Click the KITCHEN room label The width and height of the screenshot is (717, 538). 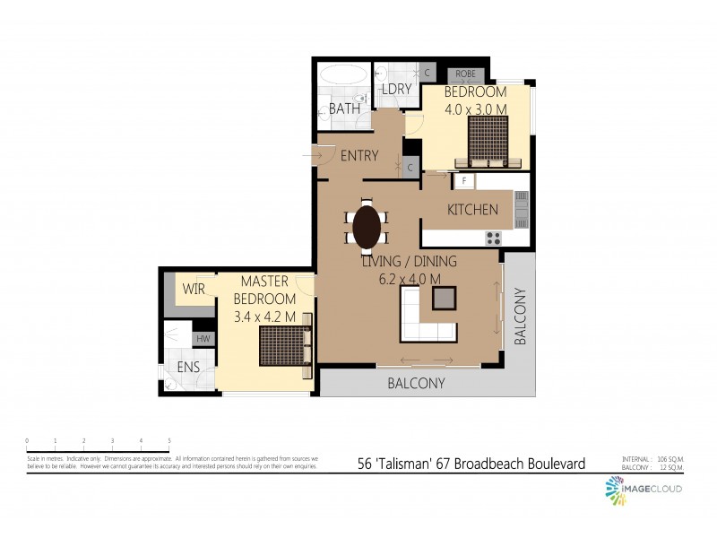click(x=472, y=210)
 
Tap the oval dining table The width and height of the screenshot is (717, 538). click(x=367, y=227)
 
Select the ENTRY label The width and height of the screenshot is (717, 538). click(x=359, y=156)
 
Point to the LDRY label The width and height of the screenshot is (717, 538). click(x=395, y=89)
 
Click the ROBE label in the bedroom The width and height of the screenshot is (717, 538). click(x=465, y=74)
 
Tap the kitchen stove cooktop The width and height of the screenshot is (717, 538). click(x=494, y=238)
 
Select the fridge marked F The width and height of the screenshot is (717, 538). click(x=463, y=181)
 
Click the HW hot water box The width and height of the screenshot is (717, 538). click(x=203, y=339)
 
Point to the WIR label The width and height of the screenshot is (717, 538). click(x=194, y=290)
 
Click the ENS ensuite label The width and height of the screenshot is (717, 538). click(x=188, y=368)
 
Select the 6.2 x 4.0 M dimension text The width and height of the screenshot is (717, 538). click(x=409, y=279)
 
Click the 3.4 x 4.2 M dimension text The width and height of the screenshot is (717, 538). click(x=264, y=317)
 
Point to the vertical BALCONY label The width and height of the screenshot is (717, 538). click(x=520, y=317)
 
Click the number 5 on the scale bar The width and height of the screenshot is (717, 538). click(x=169, y=441)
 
